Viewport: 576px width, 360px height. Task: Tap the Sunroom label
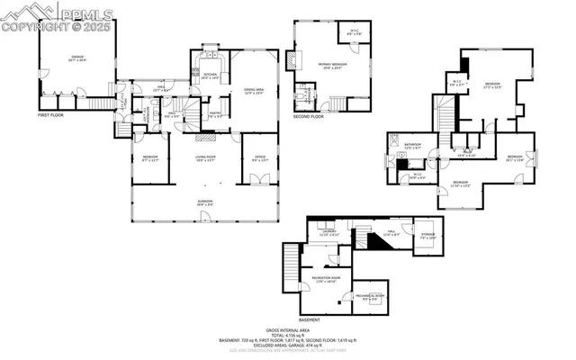pyautogui.click(x=206, y=202)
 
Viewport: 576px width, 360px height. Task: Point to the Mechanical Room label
pyautogui.click(x=370, y=297)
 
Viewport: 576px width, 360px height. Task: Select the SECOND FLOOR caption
pyautogui.click(x=310, y=116)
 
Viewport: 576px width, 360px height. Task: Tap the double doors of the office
pyautogui.click(x=256, y=179)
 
